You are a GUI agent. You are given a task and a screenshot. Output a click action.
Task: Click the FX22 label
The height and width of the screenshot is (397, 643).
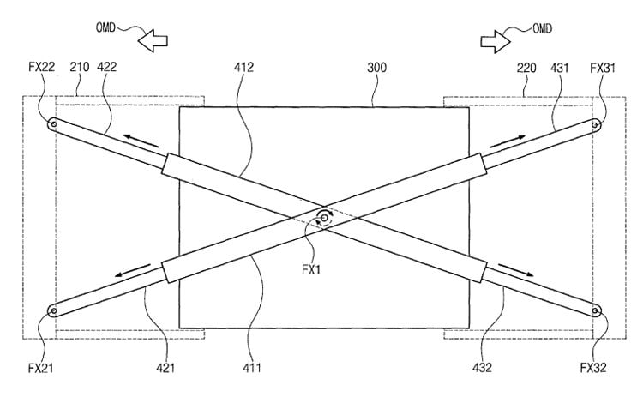[41, 67]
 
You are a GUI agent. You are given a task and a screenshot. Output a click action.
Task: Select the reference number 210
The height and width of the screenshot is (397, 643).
[80, 67]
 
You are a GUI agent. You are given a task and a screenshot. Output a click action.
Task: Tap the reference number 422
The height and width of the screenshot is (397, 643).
[106, 67]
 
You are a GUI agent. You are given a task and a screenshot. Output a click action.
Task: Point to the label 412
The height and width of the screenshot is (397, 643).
[244, 67]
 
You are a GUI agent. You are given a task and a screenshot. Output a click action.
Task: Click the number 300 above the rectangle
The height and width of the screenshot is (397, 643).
[376, 67]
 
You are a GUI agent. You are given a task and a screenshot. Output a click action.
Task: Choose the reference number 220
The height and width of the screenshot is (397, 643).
[526, 67]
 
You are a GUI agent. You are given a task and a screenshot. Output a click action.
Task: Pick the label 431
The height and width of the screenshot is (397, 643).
[559, 67]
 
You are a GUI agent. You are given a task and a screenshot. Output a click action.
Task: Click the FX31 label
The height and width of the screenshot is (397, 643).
[603, 67]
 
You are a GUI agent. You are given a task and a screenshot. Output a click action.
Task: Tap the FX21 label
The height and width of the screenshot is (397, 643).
[40, 368]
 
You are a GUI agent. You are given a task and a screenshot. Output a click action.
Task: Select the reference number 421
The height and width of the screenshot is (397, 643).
[165, 368]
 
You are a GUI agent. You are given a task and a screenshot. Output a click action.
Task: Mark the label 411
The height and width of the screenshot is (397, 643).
[252, 368]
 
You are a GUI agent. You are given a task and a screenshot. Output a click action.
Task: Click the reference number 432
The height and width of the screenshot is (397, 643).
[482, 368]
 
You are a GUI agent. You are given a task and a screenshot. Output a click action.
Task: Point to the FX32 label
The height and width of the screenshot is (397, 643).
[593, 368]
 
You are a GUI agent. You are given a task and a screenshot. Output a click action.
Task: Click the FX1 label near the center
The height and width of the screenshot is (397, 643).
[311, 269]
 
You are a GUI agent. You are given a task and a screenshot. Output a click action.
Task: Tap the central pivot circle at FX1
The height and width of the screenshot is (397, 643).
[324, 219]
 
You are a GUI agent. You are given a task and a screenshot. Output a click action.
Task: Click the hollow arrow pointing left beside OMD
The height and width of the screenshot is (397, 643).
[153, 40]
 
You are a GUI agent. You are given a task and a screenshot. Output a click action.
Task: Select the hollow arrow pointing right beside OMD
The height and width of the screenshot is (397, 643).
[496, 41]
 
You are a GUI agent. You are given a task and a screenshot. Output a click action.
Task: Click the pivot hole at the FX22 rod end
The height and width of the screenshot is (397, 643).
[53, 123]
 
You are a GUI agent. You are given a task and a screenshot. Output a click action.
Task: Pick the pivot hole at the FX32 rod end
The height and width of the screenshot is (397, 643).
[596, 311]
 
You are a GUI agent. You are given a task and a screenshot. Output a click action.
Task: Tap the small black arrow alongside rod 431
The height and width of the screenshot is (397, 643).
[508, 141]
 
